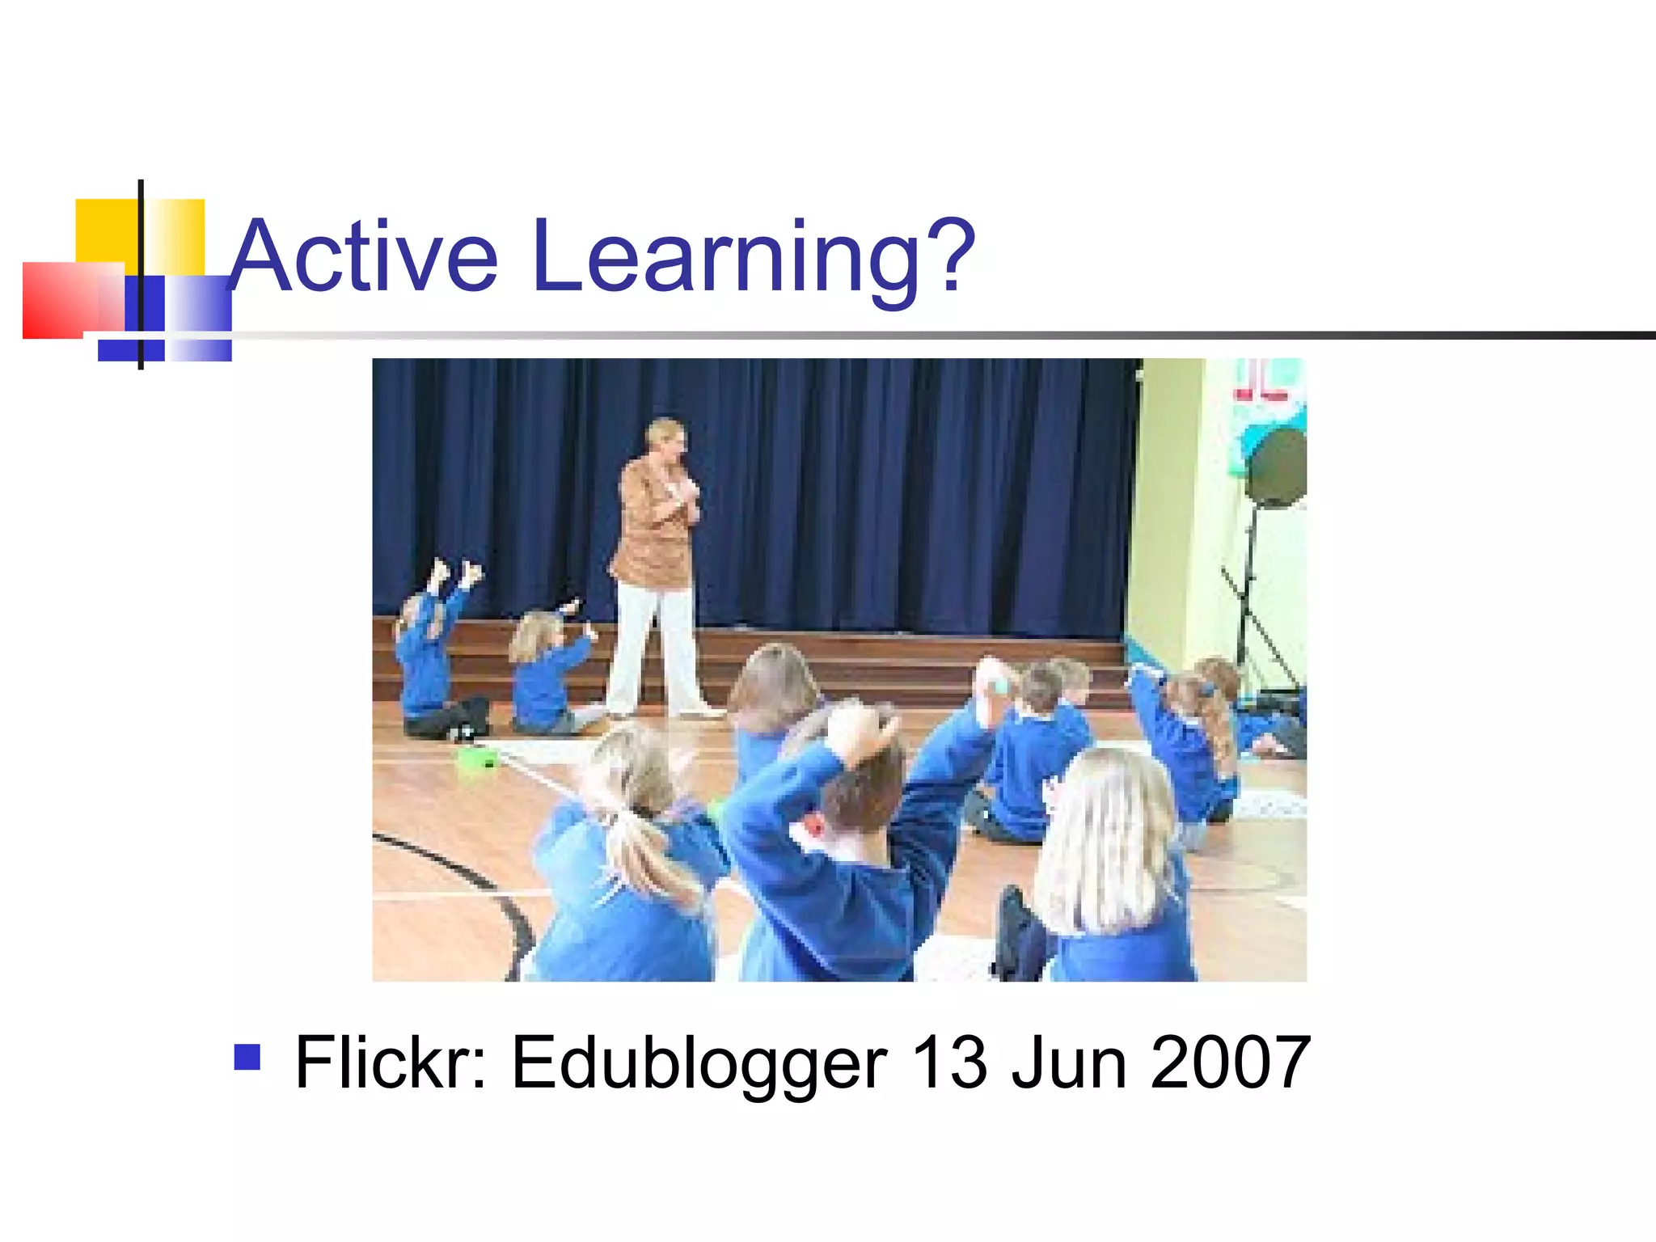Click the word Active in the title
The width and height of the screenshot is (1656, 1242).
coord(364,257)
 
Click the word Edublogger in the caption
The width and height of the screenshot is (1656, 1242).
coord(699,1062)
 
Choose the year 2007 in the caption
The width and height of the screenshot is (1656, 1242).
coord(1229,1062)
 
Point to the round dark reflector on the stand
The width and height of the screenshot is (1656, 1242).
coord(1277,469)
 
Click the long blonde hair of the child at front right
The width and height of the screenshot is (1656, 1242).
coord(1108,841)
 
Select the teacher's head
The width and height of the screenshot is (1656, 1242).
coord(667,441)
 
